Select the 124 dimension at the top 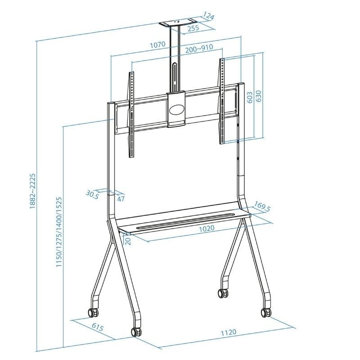[x=207, y=17]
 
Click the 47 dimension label [x=120, y=198]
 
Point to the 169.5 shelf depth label [x=262, y=207]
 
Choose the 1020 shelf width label [x=207, y=228]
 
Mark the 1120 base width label [x=228, y=332]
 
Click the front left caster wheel [x=135, y=332]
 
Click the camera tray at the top [x=179, y=22]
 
